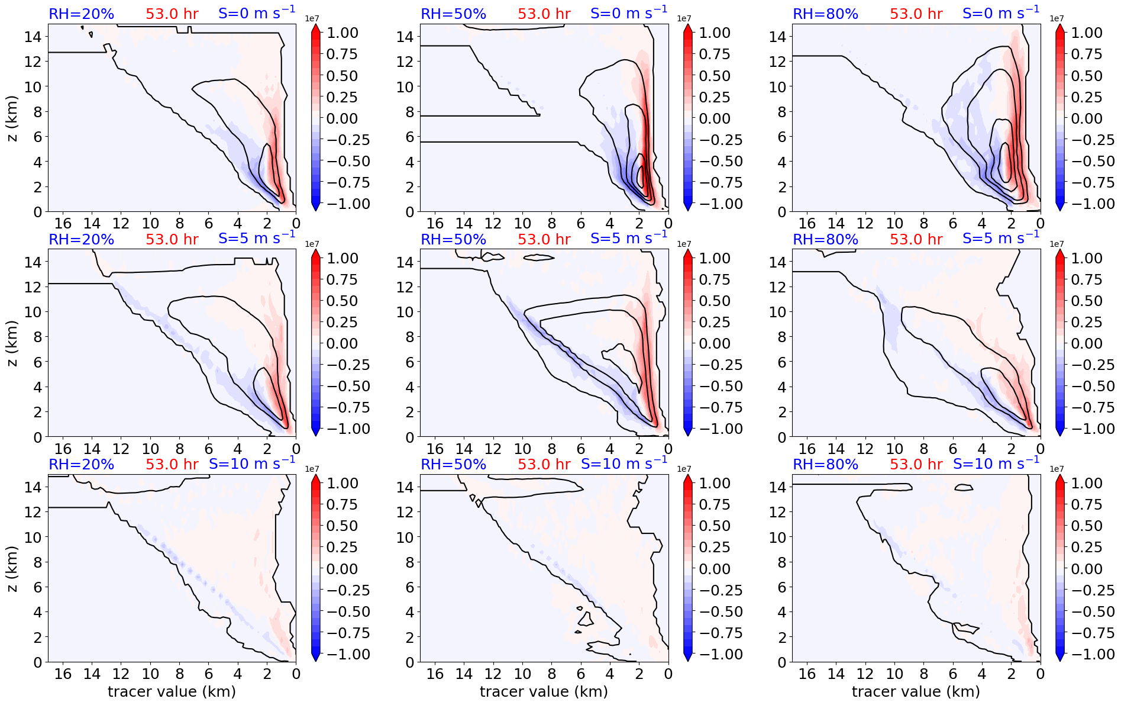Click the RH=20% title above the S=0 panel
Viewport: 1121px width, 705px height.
(x=81, y=14)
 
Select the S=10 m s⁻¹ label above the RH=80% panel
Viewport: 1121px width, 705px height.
(x=996, y=463)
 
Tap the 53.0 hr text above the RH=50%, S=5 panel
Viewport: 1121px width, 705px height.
(x=544, y=239)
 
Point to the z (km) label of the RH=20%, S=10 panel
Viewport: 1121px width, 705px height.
(x=12, y=568)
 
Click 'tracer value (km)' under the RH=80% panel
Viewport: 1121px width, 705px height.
(x=916, y=691)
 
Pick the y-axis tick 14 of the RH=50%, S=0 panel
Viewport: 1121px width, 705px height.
(x=405, y=37)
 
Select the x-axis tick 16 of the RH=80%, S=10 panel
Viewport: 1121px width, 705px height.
(x=807, y=674)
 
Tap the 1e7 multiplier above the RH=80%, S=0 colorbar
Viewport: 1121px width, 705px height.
(x=1057, y=19)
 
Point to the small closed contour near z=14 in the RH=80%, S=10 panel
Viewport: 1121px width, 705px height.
(x=964, y=488)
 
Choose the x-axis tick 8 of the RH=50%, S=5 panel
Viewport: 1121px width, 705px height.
(x=551, y=449)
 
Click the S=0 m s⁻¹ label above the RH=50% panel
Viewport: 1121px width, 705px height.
(x=629, y=13)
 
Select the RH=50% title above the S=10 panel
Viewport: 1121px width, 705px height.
(x=453, y=465)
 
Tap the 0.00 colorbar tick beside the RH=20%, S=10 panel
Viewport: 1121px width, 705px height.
(x=342, y=569)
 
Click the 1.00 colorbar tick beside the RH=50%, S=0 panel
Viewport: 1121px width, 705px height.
(x=714, y=33)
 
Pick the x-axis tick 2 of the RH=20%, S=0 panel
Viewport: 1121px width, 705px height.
(x=267, y=223)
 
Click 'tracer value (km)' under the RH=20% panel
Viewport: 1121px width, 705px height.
(x=172, y=691)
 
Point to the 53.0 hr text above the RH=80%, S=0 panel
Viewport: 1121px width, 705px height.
(x=916, y=14)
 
